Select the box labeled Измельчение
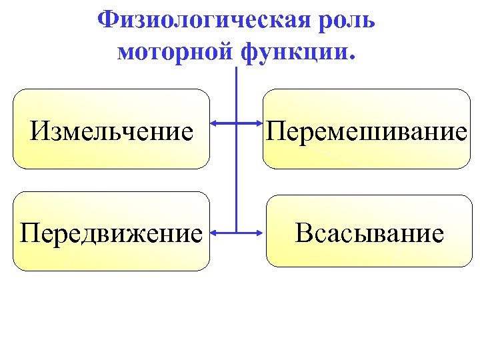click(x=111, y=129)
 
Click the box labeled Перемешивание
click(x=366, y=129)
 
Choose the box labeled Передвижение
click(x=111, y=231)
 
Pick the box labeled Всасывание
click(x=369, y=231)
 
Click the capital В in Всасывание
click(x=304, y=233)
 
